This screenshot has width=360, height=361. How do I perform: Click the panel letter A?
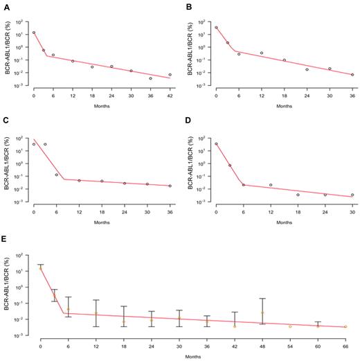click(x=5, y=6)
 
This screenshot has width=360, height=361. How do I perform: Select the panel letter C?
click(x=5, y=123)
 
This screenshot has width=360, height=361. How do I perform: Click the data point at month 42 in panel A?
click(x=170, y=75)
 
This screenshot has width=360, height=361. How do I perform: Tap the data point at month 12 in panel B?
click(x=262, y=53)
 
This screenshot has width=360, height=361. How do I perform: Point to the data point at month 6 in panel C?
click(x=57, y=175)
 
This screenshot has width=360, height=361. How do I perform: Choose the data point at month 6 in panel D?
click(x=243, y=184)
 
